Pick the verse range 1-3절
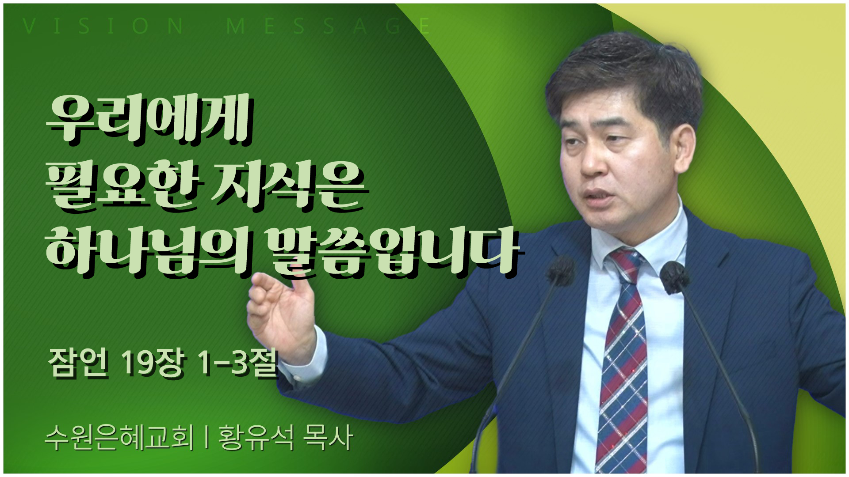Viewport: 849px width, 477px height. point(239,363)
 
